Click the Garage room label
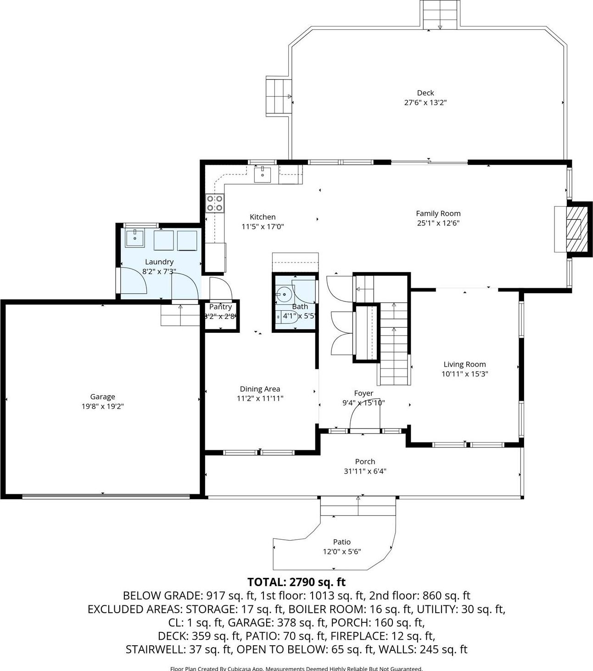[x=102, y=397]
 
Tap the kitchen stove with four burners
[x=215, y=203]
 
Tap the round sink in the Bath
[x=285, y=294]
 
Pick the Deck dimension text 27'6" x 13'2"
[x=425, y=103]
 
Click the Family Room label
[x=438, y=213]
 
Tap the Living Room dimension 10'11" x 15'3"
[x=464, y=374]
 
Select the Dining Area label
[x=260, y=389]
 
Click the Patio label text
[x=342, y=542]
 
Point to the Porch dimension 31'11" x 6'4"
[x=365, y=471]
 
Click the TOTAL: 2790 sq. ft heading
[x=296, y=582]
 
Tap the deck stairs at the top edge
[x=440, y=15]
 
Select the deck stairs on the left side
[x=279, y=96]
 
